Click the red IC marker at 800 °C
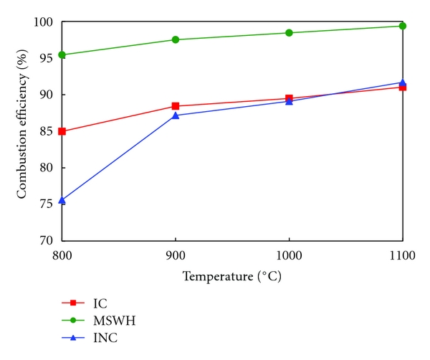(62, 131)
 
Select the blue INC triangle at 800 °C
(62, 200)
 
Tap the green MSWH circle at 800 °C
(62, 55)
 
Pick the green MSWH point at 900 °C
(176, 39)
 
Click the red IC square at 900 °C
(176, 106)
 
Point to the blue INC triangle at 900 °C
(176, 115)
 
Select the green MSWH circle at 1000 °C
(289, 32)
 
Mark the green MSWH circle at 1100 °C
(403, 26)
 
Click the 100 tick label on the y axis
(44, 22)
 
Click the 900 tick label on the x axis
(176, 254)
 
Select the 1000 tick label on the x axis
(289, 254)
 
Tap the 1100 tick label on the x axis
(401, 254)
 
